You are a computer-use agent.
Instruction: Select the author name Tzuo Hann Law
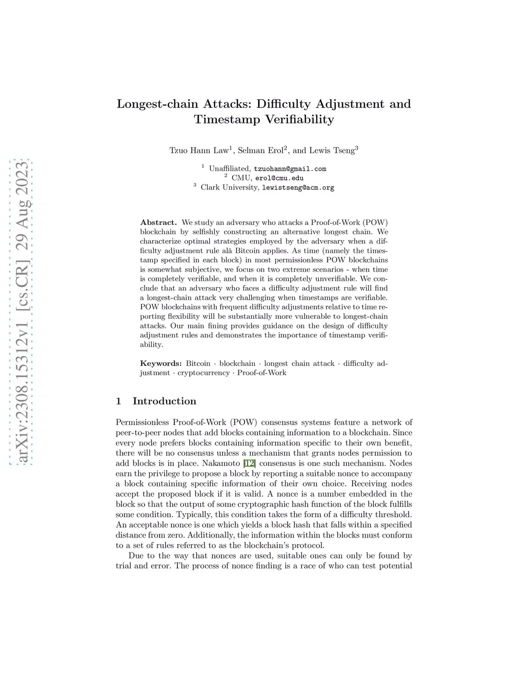click(199, 151)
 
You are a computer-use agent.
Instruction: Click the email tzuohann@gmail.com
click(290, 169)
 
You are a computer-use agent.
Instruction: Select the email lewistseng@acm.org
click(298, 188)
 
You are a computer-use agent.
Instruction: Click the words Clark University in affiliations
click(229, 188)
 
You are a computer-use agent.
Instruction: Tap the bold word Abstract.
click(158, 222)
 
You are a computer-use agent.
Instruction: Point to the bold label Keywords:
click(160, 363)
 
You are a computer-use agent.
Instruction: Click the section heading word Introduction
click(165, 401)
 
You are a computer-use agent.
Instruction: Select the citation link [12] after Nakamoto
click(249, 463)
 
